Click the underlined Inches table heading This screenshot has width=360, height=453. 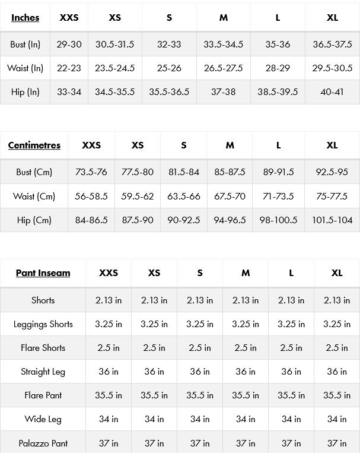25,18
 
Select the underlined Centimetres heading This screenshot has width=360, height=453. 34,145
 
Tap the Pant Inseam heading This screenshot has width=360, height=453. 43,273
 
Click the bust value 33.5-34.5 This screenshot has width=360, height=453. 223,45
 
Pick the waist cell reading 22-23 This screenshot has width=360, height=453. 69,68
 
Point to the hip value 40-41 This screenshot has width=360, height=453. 332,92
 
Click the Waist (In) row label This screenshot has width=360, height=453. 25,68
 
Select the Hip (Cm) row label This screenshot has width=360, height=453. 34,220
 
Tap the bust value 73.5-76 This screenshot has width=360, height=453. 91,172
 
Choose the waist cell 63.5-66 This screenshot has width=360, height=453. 184,197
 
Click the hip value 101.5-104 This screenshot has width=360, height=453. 332,220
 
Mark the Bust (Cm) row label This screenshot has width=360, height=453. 34,172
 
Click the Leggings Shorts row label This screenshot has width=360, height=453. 43,324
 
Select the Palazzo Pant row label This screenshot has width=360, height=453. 43,443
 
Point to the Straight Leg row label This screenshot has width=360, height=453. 43,372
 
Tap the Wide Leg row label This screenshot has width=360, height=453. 43,419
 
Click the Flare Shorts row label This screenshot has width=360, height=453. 43,348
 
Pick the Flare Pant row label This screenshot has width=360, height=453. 43,395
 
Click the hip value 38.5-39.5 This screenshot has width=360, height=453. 278,92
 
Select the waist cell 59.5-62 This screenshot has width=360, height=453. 138,197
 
